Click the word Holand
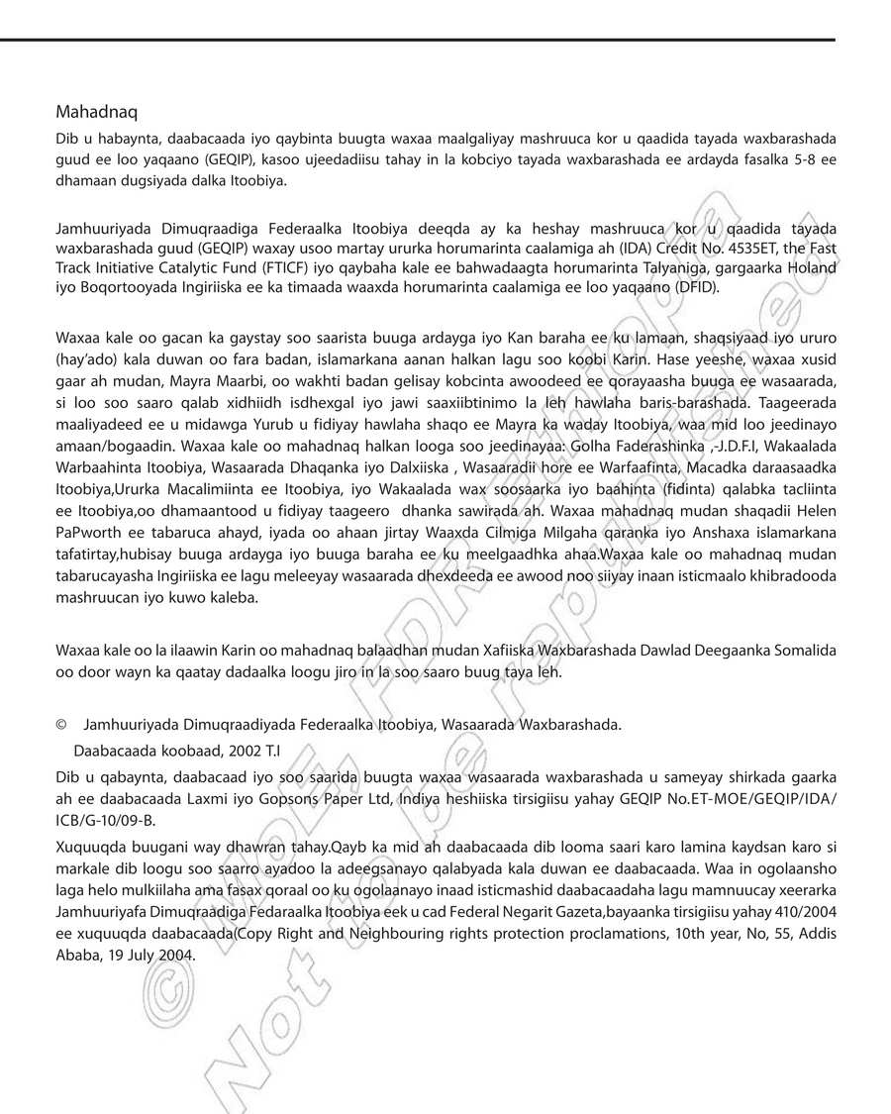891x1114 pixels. tap(812, 268)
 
